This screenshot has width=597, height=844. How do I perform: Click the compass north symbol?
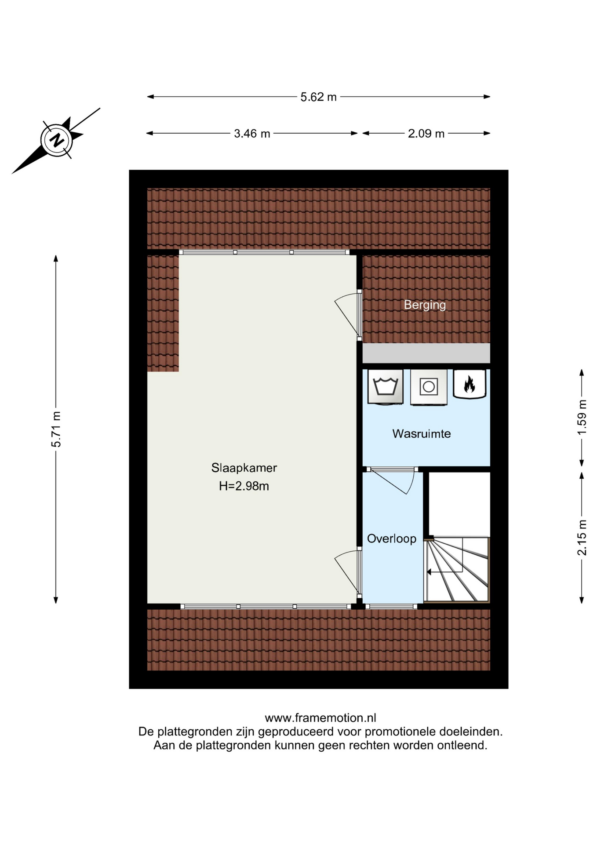(x=56, y=140)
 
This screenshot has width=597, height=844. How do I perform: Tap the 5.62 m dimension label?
(x=318, y=97)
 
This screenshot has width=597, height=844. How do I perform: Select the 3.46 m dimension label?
(x=252, y=134)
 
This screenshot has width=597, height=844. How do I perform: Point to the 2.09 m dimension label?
(x=426, y=134)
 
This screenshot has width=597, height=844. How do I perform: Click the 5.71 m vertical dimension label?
(x=56, y=429)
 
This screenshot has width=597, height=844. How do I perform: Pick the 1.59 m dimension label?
(x=582, y=417)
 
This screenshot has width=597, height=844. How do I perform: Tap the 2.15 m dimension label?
(x=582, y=537)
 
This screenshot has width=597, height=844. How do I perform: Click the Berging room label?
(x=425, y=305)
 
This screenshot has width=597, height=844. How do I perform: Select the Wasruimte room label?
(x=422, y=434)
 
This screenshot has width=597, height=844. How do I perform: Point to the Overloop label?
(x=392, y=539)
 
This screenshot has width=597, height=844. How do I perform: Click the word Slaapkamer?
(x=244, y=468)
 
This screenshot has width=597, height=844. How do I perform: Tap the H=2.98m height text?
(x=244, y=486)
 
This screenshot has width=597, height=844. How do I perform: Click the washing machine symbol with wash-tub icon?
(x=385, y=387)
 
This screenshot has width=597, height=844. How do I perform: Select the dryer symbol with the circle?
(x=429, y=387)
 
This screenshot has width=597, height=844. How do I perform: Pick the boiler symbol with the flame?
(x=470, y=384)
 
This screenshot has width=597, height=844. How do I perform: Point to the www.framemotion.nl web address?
(x=320, y=718)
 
